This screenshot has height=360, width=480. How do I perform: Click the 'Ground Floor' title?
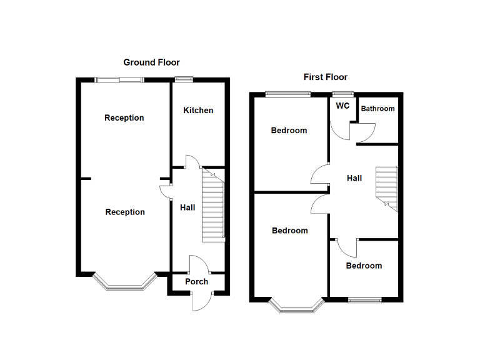tap(151, 62)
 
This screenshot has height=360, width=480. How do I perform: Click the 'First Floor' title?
tap(325, 77)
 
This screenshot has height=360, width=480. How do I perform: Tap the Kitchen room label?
tap(198, 111)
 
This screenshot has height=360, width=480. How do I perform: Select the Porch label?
tap(196, 282)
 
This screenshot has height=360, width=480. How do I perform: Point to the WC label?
tap(342, 106)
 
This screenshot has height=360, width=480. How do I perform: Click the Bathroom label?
tap(377, 109)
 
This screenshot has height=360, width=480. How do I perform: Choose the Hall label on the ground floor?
tap(187, 207)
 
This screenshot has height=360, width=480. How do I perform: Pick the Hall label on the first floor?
tap(354, 179)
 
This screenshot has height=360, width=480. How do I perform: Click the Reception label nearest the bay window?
tap(125, 212)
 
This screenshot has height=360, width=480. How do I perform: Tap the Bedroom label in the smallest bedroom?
tap(364, 266)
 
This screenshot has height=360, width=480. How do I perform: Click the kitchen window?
tap(184, 79)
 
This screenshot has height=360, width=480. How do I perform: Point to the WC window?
tap(343, 94)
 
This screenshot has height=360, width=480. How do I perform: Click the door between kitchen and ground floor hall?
tap(192, 161)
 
